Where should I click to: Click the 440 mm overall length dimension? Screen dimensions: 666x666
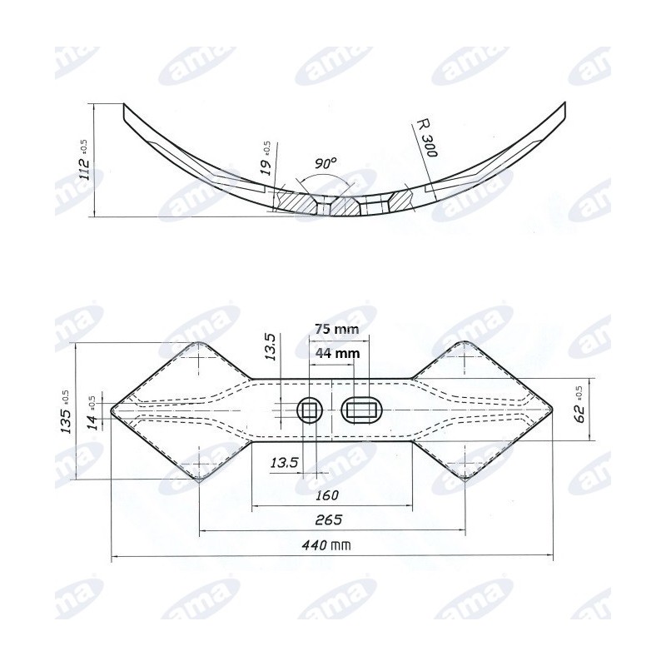tap(326, 545)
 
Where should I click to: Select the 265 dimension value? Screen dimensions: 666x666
tap(329, 519)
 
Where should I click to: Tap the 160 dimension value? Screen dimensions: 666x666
tap(327, 495)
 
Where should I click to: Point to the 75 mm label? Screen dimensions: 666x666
tap(337, 329)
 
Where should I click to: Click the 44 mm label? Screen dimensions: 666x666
tap(337, 353)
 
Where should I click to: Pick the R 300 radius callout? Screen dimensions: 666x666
tap(426, 137)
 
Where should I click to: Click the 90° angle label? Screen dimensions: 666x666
tap(326, 163)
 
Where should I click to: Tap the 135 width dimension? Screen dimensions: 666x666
tap(66, 411)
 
